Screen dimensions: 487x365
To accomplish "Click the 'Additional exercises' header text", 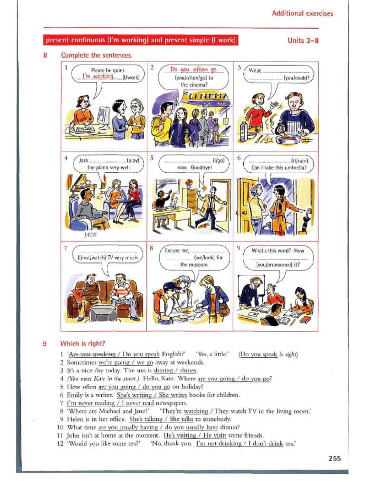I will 302,13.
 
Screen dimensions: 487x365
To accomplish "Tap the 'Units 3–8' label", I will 303,40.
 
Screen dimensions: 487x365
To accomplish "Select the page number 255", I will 335,458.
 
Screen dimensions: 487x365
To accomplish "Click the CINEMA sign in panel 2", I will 205,97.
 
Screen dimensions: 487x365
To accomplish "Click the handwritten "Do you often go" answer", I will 193,70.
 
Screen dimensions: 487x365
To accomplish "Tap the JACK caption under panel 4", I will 90,234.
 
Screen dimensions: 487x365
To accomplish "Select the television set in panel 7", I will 103,313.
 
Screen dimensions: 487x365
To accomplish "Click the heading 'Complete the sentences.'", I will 96,55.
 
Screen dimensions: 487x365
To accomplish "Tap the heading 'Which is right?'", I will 83,343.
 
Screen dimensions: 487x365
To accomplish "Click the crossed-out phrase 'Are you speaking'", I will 92,354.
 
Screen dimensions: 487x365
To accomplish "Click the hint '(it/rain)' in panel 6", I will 298,160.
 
